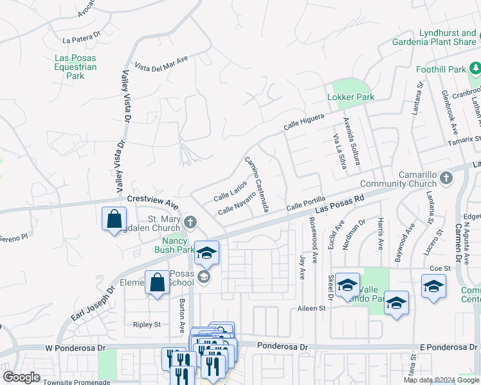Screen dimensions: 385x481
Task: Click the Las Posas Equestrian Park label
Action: pyautogui.click(x=75, y=67)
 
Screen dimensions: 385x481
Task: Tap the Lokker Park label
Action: pyautogui.click(x=350, y=97)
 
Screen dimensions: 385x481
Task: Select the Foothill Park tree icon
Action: pyautogui.click(x=475, y=68)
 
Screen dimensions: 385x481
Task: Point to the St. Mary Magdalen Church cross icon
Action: pyautogui.click(x=190, y=223)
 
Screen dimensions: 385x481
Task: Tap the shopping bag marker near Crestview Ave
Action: pyautogui.click(x=114, y=219)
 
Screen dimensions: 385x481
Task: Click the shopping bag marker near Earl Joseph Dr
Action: pyautogui.click(x=158, y=282)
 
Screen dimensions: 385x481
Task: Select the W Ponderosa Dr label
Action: pyautogui.click(x=75, y=348)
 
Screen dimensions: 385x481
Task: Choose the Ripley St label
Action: pyautogui.click(x=147, y=324)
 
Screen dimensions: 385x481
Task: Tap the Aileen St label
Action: pyautogui.click(x=313, y=309)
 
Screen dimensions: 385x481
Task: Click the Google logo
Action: pyautogui.click(x=22, y=377)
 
